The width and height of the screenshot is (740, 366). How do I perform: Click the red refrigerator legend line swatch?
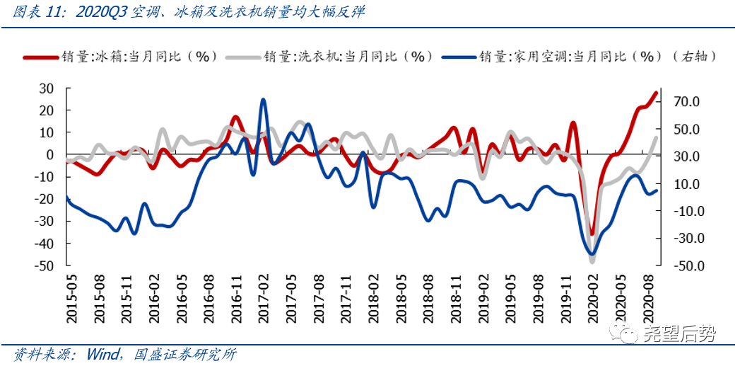(x=39, y=57)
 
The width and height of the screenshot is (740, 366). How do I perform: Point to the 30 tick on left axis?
(x=46, y=88)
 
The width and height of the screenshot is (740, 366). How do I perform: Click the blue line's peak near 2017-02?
(x=263, y=100)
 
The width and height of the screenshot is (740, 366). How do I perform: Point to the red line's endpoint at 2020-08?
(x=656, y=93)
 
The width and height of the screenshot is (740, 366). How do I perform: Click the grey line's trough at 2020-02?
(x=592, y=261)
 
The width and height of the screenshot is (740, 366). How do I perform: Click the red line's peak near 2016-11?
(x=236, y=117)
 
